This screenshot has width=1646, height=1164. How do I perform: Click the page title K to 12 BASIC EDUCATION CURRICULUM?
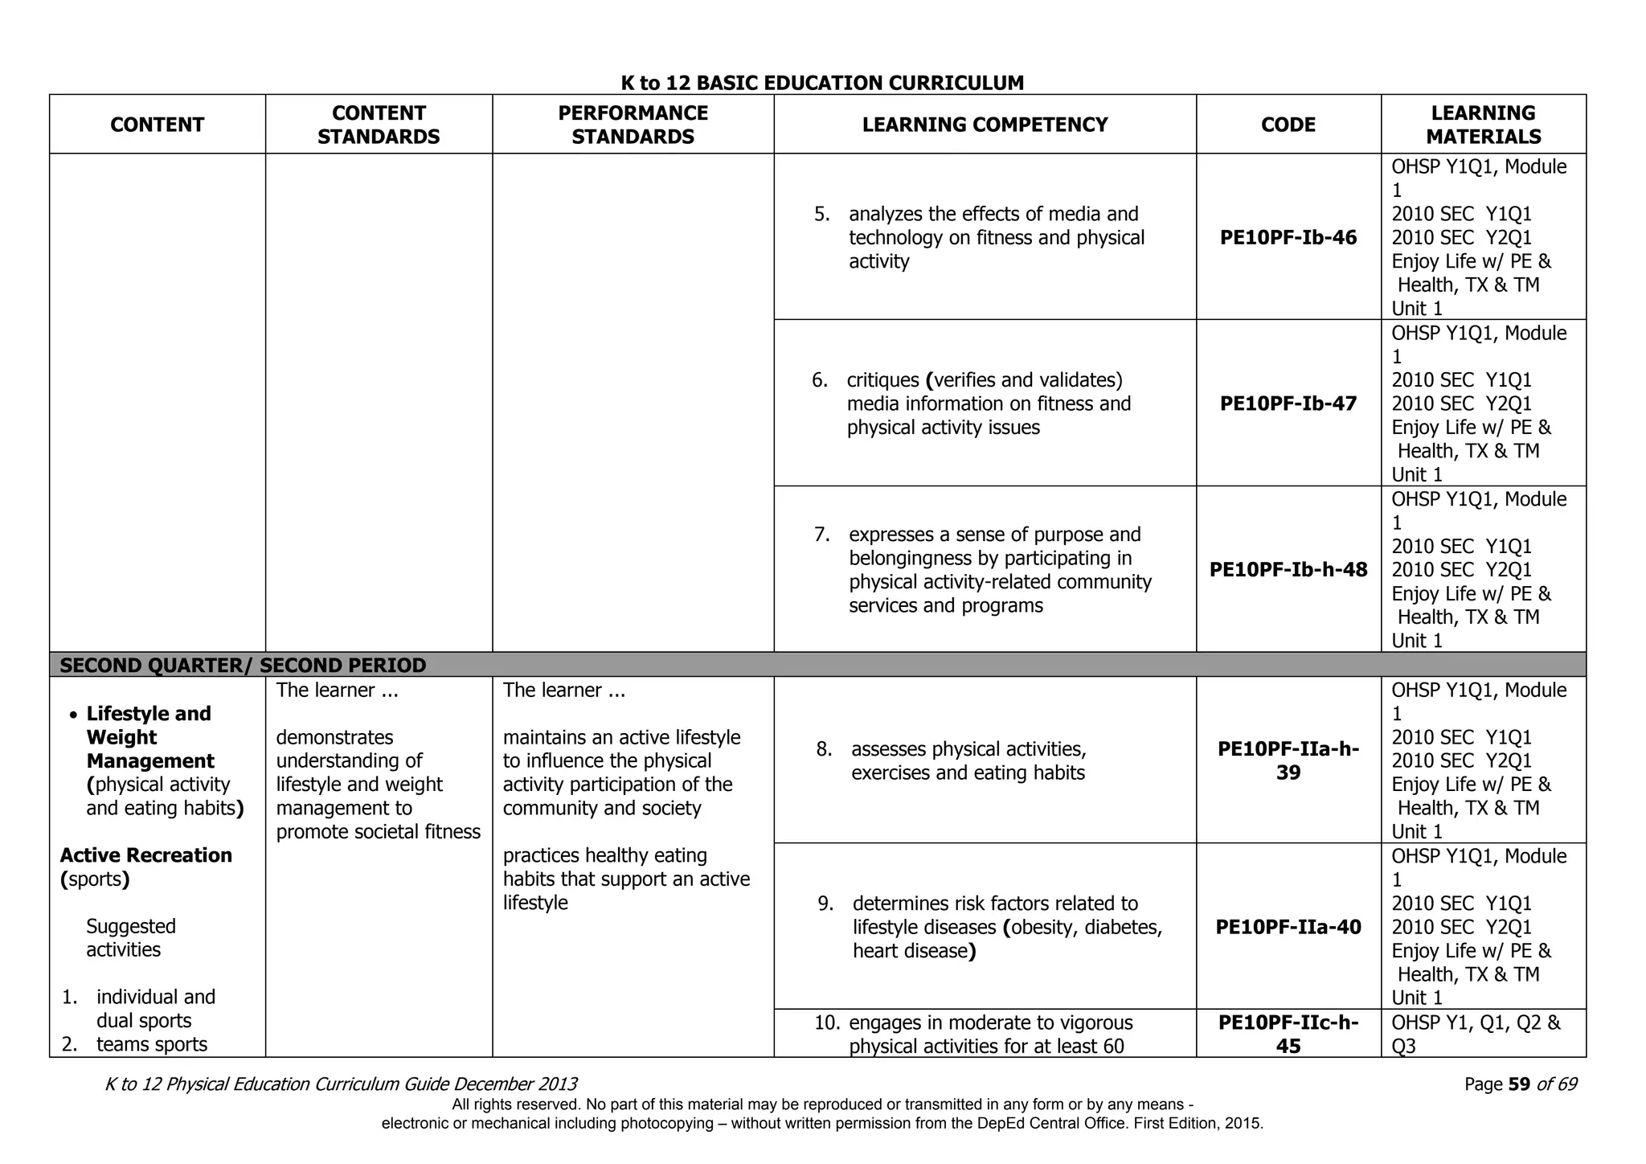point(822,83)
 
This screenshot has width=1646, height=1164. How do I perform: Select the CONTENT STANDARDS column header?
point(379,125)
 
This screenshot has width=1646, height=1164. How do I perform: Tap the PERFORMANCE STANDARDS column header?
point(633,125)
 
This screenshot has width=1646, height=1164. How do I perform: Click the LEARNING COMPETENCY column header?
point(985,125)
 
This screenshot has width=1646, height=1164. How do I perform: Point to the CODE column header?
point(1288,125)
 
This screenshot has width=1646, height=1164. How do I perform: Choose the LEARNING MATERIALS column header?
point(1483,125)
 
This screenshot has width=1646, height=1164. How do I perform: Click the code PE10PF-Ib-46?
point(1288,238)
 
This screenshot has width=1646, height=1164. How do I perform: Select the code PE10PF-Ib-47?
point(1288,404)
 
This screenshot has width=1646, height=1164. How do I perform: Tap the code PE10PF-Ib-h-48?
point(1288,570)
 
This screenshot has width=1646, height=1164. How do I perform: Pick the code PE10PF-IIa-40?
point(1288,928)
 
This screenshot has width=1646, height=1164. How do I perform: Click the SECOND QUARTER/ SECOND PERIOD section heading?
point(243,666)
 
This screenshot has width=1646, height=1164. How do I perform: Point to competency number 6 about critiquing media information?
point(989,404)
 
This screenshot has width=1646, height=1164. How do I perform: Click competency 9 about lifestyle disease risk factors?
point(1006,928)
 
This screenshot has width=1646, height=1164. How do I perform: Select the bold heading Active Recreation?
point(146,855)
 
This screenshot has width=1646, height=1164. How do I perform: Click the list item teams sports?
point(151,1044)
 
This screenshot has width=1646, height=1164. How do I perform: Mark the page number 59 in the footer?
point(1518,1084)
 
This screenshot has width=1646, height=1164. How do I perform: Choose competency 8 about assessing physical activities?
point(968,761)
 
